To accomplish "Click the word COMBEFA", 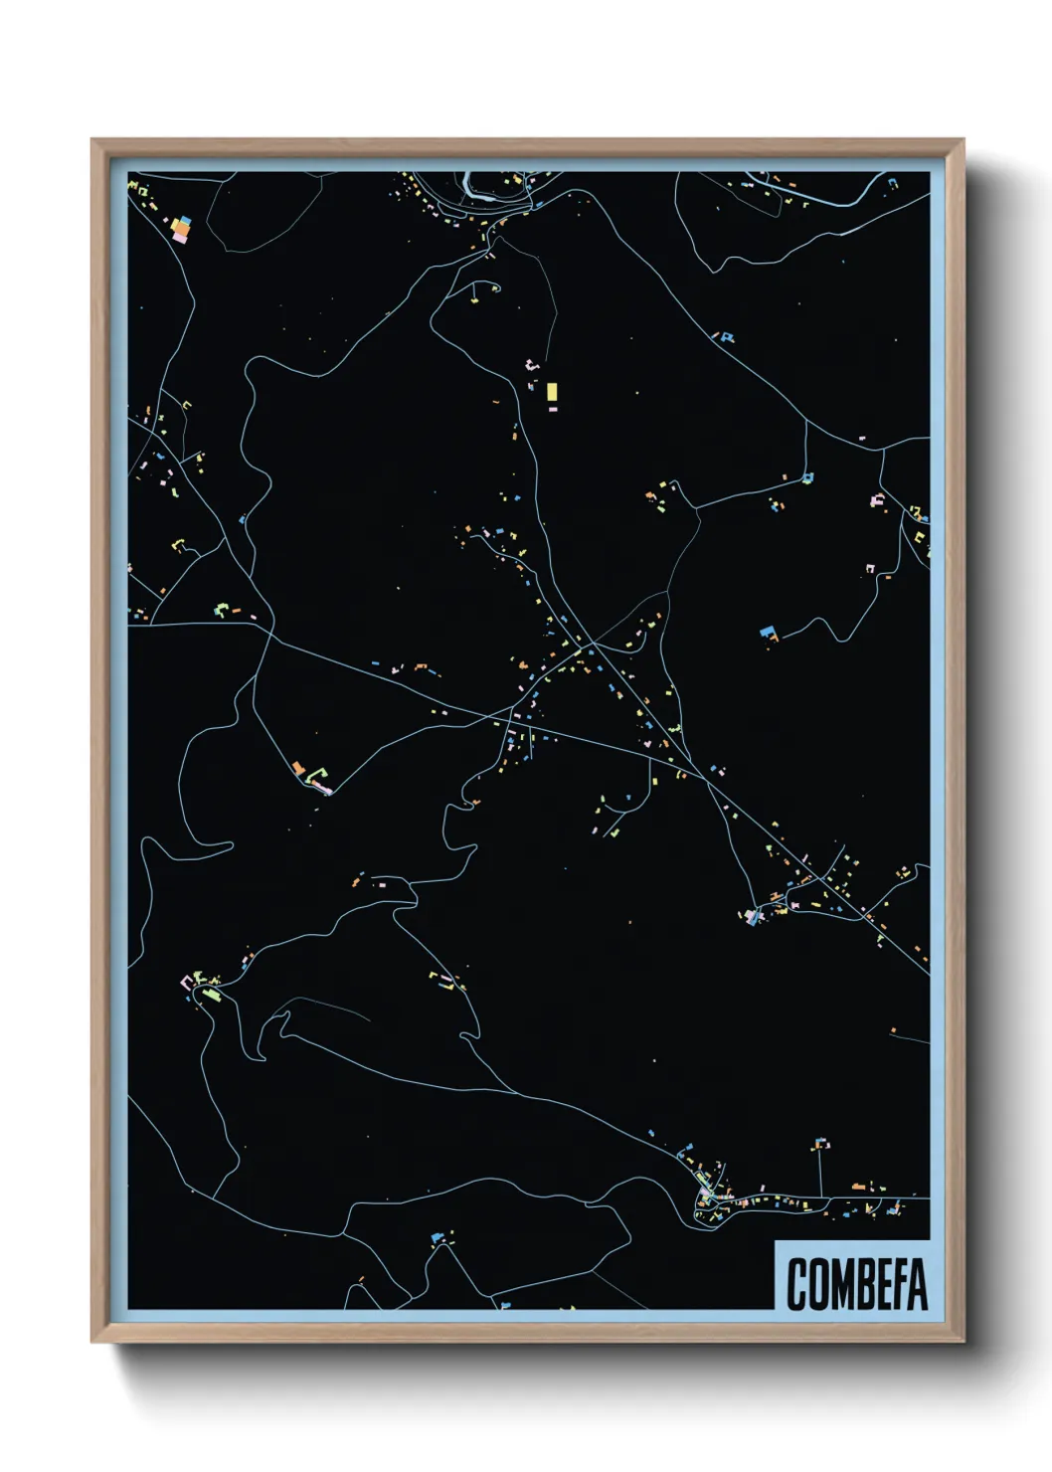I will tap(856, 1284).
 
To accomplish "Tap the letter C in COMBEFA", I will tap(797, 1284).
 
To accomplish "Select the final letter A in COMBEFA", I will tap(916, 1284).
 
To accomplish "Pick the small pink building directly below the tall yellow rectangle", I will tap(553, 409).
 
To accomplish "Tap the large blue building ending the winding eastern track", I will tap(767, 631).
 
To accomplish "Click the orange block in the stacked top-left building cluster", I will tap(182, 228).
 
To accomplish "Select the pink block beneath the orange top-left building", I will tap(180, 238).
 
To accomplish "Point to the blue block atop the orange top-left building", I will tap(184, 220).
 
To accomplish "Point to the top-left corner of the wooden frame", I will tap(93, 141).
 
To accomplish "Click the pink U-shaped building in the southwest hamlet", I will tap(186, 983).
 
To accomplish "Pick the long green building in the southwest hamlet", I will tap(210, 993).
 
